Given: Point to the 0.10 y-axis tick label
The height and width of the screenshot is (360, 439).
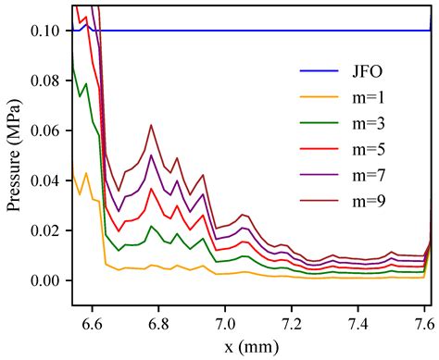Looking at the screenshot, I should point(47,31).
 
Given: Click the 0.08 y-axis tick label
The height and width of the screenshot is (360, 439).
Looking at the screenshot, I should point(47,81).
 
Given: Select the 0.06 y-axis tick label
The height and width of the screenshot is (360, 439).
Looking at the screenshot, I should point(47,130).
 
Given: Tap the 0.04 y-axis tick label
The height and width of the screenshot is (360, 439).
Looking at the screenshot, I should point(47,180).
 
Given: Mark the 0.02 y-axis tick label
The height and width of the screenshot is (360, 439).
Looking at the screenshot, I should point(47,230).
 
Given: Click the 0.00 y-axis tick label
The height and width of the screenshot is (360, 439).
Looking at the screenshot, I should point(47,280).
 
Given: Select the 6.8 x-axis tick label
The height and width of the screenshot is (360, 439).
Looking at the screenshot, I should point(157,324).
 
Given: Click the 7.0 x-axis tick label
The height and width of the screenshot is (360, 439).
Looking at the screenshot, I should point(225,324).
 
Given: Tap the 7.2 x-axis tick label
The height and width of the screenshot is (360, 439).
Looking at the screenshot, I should point(293,324).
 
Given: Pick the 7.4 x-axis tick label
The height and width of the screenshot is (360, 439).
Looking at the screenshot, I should point(359,324).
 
